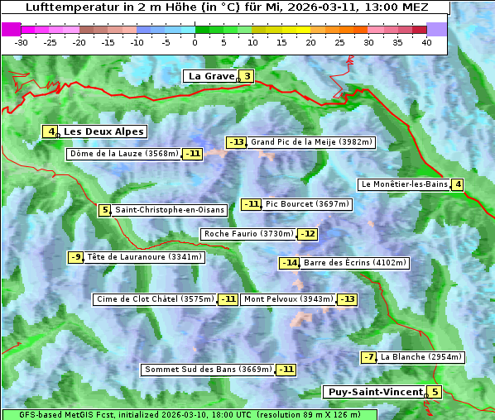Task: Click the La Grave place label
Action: pos(211,76)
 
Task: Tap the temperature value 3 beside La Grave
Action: pos(247,76)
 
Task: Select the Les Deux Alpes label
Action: pos(104,131)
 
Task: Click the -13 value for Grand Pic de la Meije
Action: pos(237,142)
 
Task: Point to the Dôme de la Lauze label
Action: pos(124,154)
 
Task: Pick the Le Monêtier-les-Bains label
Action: pos(403,184)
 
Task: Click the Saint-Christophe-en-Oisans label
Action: pos(169,210)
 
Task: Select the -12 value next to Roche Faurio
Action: pos(308,234)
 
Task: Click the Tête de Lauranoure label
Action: pos(144,257)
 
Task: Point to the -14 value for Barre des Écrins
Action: pos(289,263)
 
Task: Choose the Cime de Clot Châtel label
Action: pos(155,299)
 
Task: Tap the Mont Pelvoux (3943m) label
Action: pos(288,299)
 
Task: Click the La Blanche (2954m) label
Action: pos(421,357)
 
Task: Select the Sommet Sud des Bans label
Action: pos(208,369)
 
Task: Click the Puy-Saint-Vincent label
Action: pos(374,392)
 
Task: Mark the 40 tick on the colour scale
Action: pos(426,41)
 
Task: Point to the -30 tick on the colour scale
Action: pos(22,41)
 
